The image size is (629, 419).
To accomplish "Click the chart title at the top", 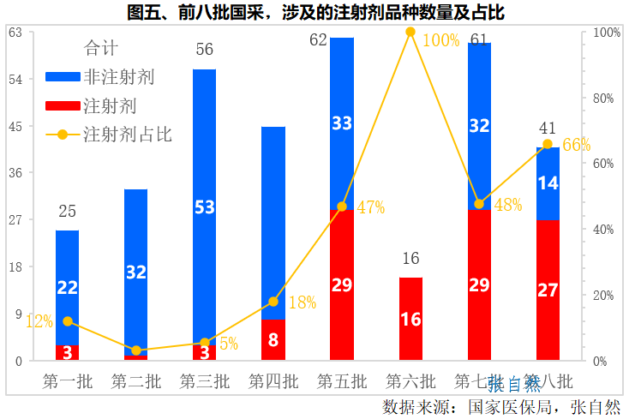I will (314, 12).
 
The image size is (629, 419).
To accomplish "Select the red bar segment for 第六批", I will (410, 319).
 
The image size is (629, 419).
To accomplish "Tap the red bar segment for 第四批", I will (273, 340).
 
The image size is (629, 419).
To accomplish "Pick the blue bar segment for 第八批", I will (548, 183).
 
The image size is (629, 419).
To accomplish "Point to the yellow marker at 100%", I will (410, 32).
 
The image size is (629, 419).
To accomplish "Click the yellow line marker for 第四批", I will (273, 302).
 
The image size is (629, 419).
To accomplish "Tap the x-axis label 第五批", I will (342, 381).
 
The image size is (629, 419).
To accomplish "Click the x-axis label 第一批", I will (67, 381).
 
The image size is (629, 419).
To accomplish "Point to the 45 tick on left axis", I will (15, 126).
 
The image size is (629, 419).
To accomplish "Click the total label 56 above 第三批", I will (204, 49).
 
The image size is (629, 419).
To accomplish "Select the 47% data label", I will (371, 207).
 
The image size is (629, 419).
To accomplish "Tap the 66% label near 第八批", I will (577, 145).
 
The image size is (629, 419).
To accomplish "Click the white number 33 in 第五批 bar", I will (342, 123).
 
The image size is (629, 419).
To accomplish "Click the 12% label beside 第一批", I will (39, 321).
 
